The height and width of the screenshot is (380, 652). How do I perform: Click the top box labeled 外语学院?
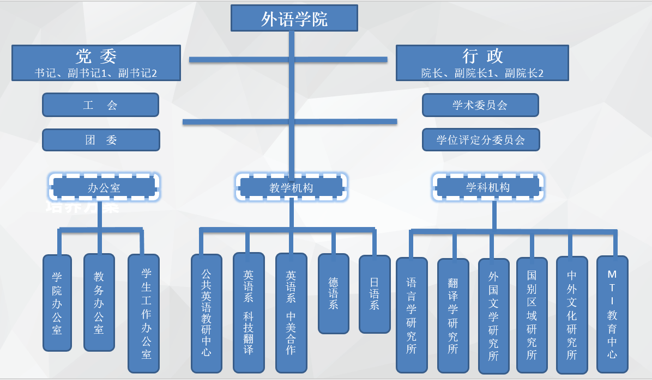pyautogui.click(x=294, y=19)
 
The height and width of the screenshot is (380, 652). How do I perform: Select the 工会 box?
pyautogui.click(x=100, y=105)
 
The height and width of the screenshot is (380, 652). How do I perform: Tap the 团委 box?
pyautogui.click(x=101, y=140)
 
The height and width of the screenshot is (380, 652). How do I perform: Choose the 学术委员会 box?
pyautogui.click(x=480, y=105)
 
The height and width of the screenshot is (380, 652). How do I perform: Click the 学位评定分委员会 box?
pyautogui.click(x=481, y=140)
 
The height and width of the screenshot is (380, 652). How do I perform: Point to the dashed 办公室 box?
pyautogui.click(x=104, y=188)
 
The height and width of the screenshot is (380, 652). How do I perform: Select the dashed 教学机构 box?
pyautogui.click(x=292, y=188)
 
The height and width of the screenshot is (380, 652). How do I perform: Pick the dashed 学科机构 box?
pyautogui.click(x=488, y=187)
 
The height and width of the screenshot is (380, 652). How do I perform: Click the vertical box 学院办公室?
pyautogui.click(x=57, y=303)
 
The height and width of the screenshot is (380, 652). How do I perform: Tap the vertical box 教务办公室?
pyautogui.click(x=99, y=303)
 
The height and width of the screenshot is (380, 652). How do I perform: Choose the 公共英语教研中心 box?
pyautogui.click(x=206, y=313)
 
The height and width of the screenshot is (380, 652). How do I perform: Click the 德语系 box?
pyautogui.click(x=333, y=293)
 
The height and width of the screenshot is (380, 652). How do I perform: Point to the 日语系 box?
pyautogui.click(x=375, y=293)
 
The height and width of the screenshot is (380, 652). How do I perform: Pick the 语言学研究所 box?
pyautogui.click(x=412, y=315)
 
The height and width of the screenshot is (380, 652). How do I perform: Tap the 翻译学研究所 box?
pyautogui.click(x=453, y=315)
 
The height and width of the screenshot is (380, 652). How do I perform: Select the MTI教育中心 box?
pyautogui.click(x=612, y=315)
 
